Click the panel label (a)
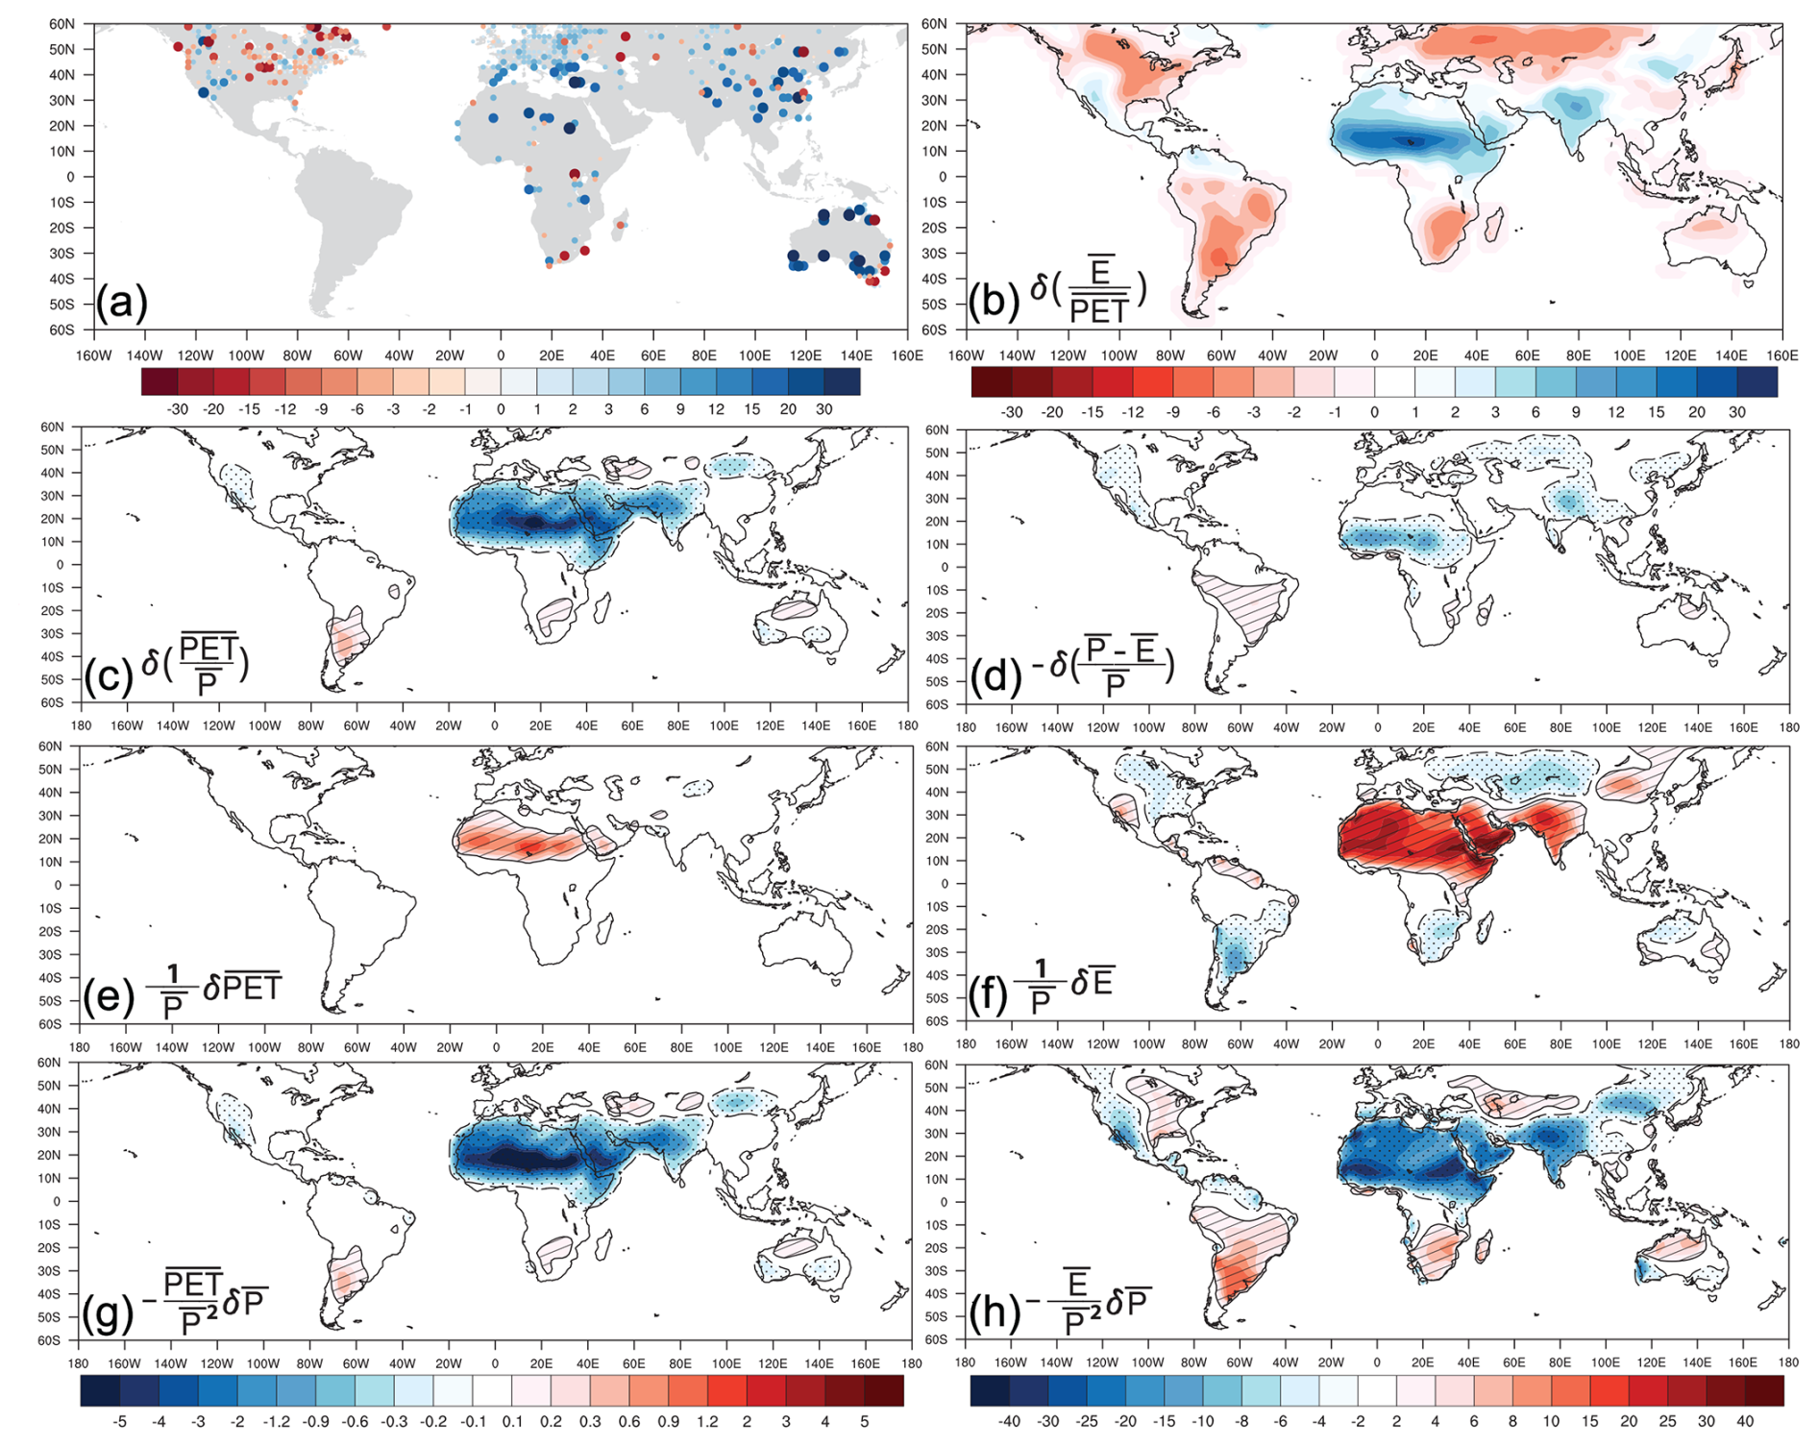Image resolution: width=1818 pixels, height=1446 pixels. (121, 303)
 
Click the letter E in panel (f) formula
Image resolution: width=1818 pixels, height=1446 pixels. (1101, 982)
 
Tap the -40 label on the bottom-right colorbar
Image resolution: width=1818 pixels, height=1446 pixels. (1009, 1421)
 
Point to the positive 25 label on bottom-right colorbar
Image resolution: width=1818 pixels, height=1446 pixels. (1667, 1421)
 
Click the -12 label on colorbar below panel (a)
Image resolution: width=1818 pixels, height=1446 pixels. (284, 409)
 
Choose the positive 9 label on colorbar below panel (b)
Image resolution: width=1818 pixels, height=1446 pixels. (1576, 412)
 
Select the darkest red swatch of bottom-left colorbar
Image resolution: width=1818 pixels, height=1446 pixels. (884, 1390)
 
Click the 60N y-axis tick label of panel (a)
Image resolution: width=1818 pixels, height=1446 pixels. (61, 24)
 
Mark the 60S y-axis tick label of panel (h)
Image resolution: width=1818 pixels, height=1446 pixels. (936, 1339)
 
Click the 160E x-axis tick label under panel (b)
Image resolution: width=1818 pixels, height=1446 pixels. (1781, 355)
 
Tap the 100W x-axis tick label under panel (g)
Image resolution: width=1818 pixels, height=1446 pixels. (262, 1363)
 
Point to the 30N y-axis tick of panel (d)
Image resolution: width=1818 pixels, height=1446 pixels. (938, 499)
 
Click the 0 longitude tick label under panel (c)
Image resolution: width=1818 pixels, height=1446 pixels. (495, 726)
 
